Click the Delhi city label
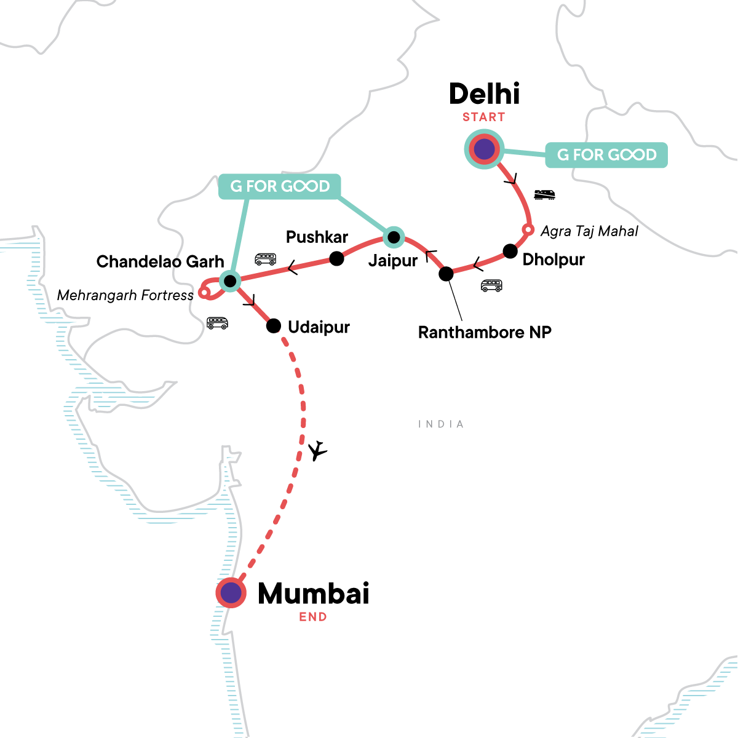tap(484, 94)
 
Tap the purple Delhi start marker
tap(484, 149)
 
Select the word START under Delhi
tap(484, 117)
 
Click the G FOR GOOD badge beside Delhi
tap(606, 155)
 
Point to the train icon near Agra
tap(544, 195)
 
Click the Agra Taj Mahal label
tap(589, 231)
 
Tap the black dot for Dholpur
tap(510, 251)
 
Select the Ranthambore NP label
tap(485, 333)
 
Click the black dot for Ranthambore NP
tap(446, 274)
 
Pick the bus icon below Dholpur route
tap(491, 285)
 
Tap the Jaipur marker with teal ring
tap(394, 237)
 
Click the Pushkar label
tap(317, 237)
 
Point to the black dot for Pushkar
tap(336, 258)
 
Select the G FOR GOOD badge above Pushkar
tap(280, 186)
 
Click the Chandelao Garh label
tap(160, 262)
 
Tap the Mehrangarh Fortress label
tap(125, 296)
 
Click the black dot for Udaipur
tap(274, 326)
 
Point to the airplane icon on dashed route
tap(317, 451)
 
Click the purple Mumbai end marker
tap(231, 593)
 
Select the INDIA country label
tap(441, 424)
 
